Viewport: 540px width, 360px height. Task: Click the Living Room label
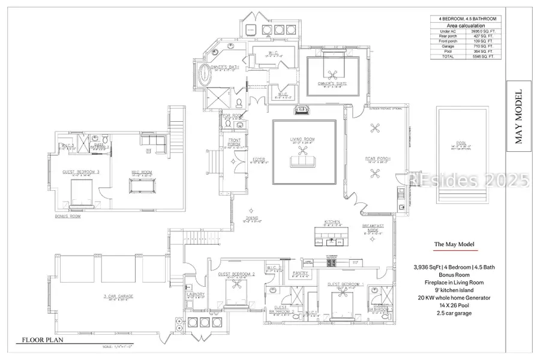[x=302, y=140]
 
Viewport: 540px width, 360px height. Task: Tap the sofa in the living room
[x=302, y=160]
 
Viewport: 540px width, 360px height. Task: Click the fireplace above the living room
[x=302, y=110]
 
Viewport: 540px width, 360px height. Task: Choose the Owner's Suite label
[x=334, y=84]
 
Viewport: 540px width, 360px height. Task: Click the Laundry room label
[x=196, y=295]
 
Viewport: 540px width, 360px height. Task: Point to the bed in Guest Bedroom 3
[x=80, y=193]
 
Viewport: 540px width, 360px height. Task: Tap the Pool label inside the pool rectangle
[x=461, y=143]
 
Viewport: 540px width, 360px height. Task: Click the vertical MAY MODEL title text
[x=518, y=118]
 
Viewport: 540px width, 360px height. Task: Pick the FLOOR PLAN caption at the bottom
[x=43, y=340]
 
